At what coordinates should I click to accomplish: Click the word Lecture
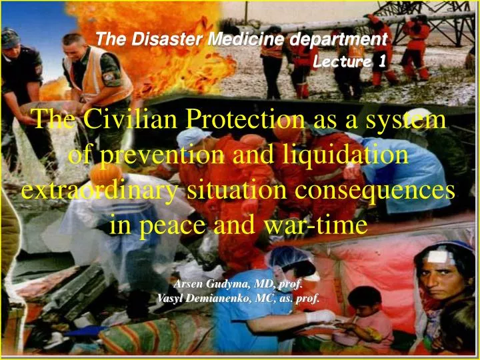(x=344, y=62)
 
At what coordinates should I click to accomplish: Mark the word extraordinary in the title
(x=99, y=191)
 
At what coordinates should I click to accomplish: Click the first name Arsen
(x=188, y=284)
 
